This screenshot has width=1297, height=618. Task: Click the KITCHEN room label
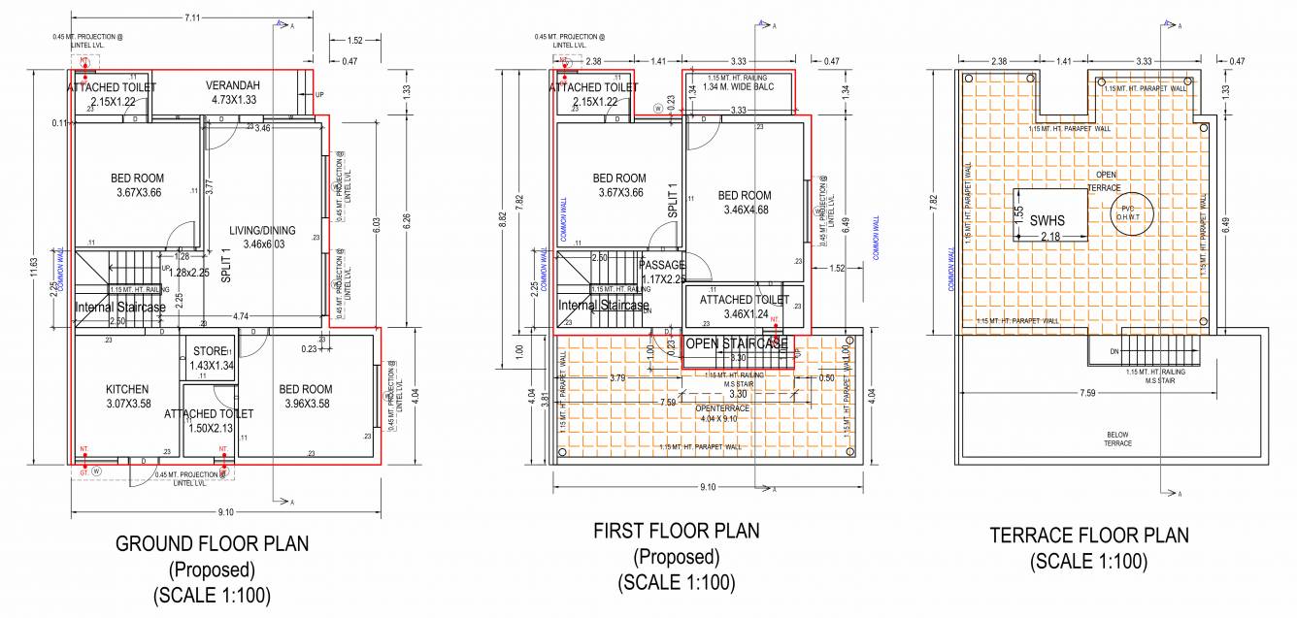click(x=127, y=390)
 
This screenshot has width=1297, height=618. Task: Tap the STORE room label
click(x=209, y=351)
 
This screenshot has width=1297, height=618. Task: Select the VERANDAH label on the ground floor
click(x=233, y=86)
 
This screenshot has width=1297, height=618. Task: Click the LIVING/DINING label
click(x=262, y=230)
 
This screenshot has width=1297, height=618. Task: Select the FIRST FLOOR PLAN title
click(x=677, y=531)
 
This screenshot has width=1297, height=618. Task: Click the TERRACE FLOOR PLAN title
click(x=1088, y=536)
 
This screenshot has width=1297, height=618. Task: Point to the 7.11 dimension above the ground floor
click(x=192, y=17)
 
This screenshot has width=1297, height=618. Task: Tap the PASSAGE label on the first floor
click(x=662, y=265)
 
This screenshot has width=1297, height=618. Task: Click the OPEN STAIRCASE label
click(x=736, y=344)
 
